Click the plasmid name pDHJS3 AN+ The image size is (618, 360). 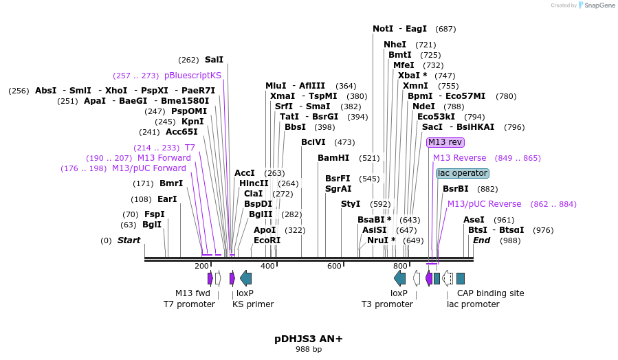pyautogui.click(x=308, y=339)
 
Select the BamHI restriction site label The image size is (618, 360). pyautogui.click(x=333, y=158)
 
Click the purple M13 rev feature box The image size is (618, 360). pyautogui.click(x=445, y=142)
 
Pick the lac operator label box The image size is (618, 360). pyautogui.click(x=463, y=173)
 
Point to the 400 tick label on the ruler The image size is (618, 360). pyautogui.click(x=267, y=266)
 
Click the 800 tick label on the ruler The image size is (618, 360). pyautogui.click(x=400, y=266)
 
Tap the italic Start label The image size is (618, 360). pyautogui.click(x=129, y=240)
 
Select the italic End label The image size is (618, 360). pyautogui.click(x=481, y=240)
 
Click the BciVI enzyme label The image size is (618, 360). pyautogui.click(x=313, y=142)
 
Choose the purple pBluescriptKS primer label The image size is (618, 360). pyautogui.click(x=192, y=76)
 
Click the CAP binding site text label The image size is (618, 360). pyautogui.click(x=490, y=293)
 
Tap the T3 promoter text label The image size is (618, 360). pyautogui.click(x=388, y=304)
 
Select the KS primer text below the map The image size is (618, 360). pyautogui.click(x=253, y=304)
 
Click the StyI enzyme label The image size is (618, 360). pyautogui.click(x=351, y=204)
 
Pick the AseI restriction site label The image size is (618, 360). pyautogui.click(x=474, y=220)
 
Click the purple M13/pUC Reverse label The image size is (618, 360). pyautogui.click(x=484, y=204)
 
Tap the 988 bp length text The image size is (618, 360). pyautogui.click(x=308, y=350)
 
